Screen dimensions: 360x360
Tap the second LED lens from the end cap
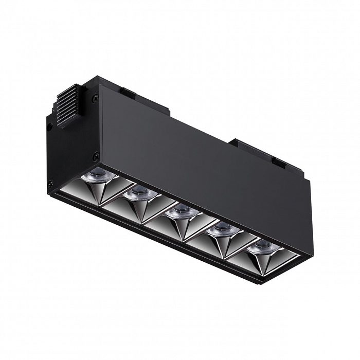[138, 193]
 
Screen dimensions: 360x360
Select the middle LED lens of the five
[181, 210]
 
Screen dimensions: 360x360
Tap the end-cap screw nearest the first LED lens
[96, 154]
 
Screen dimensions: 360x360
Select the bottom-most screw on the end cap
[50, 183]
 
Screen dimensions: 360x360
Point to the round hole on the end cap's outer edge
[49, 125]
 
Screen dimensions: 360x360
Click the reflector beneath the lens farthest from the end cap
[262, 260]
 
